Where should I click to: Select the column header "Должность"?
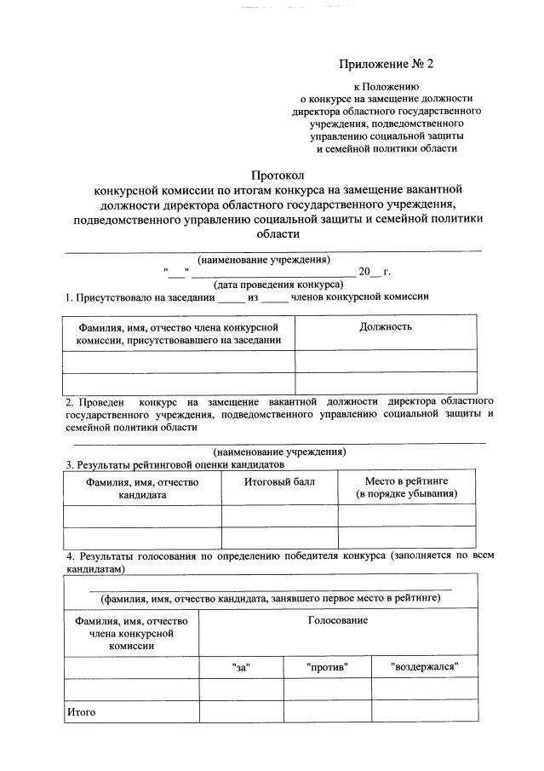tap(386, 327)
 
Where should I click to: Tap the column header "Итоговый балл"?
tap(279, 482)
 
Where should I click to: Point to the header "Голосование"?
tap(338, 620)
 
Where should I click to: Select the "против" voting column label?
tap(328, 667)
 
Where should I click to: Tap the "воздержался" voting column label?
tap(424, 667)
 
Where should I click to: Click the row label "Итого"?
tap(83, 711)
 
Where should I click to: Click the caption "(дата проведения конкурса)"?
tap(266, 285)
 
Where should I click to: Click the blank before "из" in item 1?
tap(231, 297)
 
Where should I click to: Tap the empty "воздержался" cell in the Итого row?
tap(424, 711)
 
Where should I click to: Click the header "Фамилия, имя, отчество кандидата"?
tap(142, 488)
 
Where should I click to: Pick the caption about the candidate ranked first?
tap(271, 598)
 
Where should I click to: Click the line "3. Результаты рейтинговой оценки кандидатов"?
tap(175, 464)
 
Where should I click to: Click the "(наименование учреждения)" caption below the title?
tap(264, 259)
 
